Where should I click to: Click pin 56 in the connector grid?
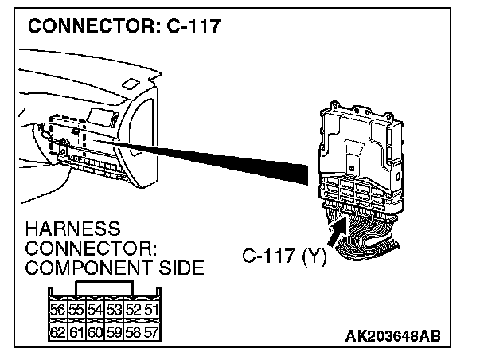click(57, 310)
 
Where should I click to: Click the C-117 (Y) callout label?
click(283, 258)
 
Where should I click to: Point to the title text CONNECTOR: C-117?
click(123, 25)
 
